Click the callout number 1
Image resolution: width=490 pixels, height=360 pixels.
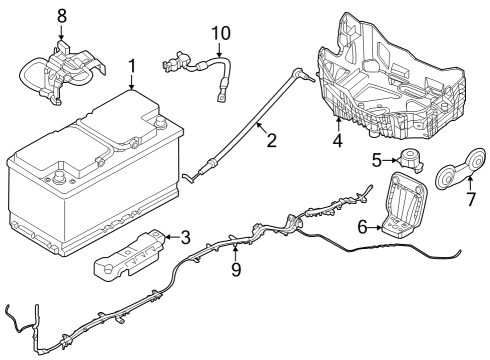pyautogui.click(x=131, y=67)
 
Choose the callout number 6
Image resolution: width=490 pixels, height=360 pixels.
pyautogui.click(x=364, y=227)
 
